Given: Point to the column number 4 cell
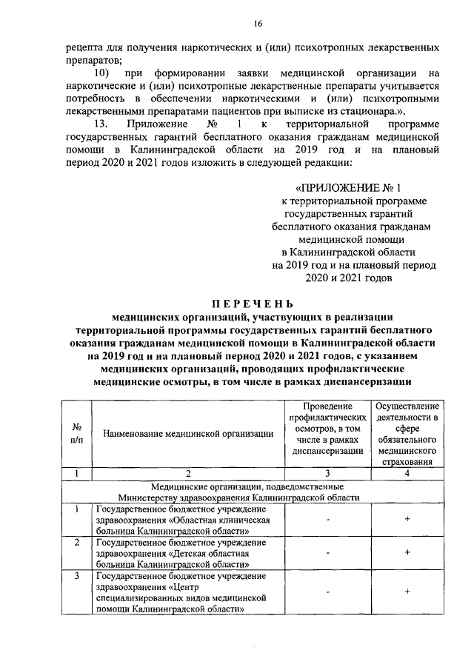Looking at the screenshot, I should click(x=407, y=473).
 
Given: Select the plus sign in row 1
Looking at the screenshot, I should click(x=407, y=520).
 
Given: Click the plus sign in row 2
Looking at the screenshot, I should click(x=407, y=553).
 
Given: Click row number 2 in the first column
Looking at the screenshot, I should click(x=76, y=543).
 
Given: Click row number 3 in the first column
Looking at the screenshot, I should click(x=76, y=575).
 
